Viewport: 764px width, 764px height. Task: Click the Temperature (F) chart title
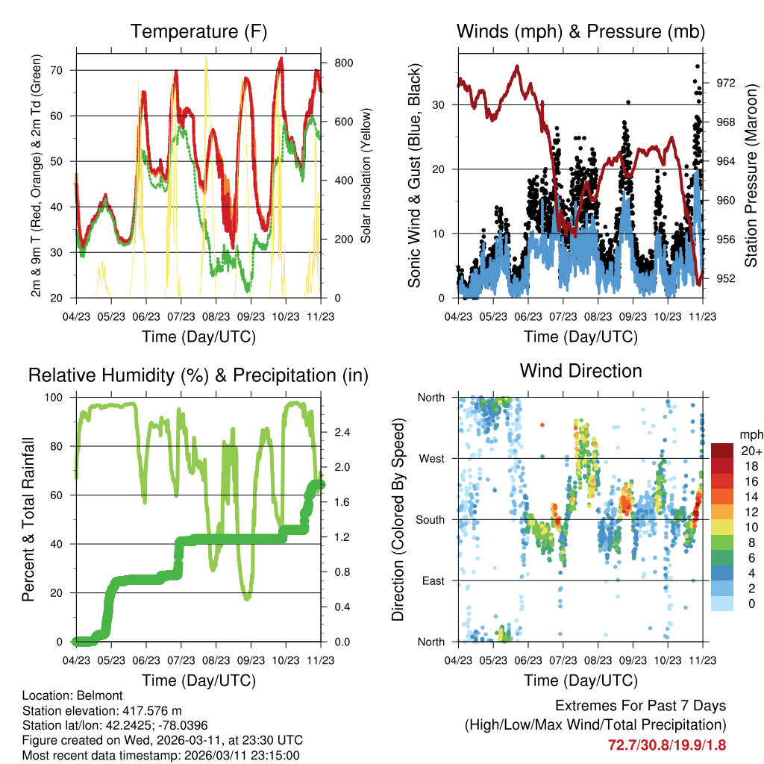[x=198, y=32]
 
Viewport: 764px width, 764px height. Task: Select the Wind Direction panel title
[x=580, y=371]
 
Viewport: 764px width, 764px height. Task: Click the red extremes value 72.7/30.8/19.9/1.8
[x=667, y=745]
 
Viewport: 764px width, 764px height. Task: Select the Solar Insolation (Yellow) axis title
[x=366, y=175]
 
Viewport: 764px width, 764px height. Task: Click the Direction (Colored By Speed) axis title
[x=398, y=519]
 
